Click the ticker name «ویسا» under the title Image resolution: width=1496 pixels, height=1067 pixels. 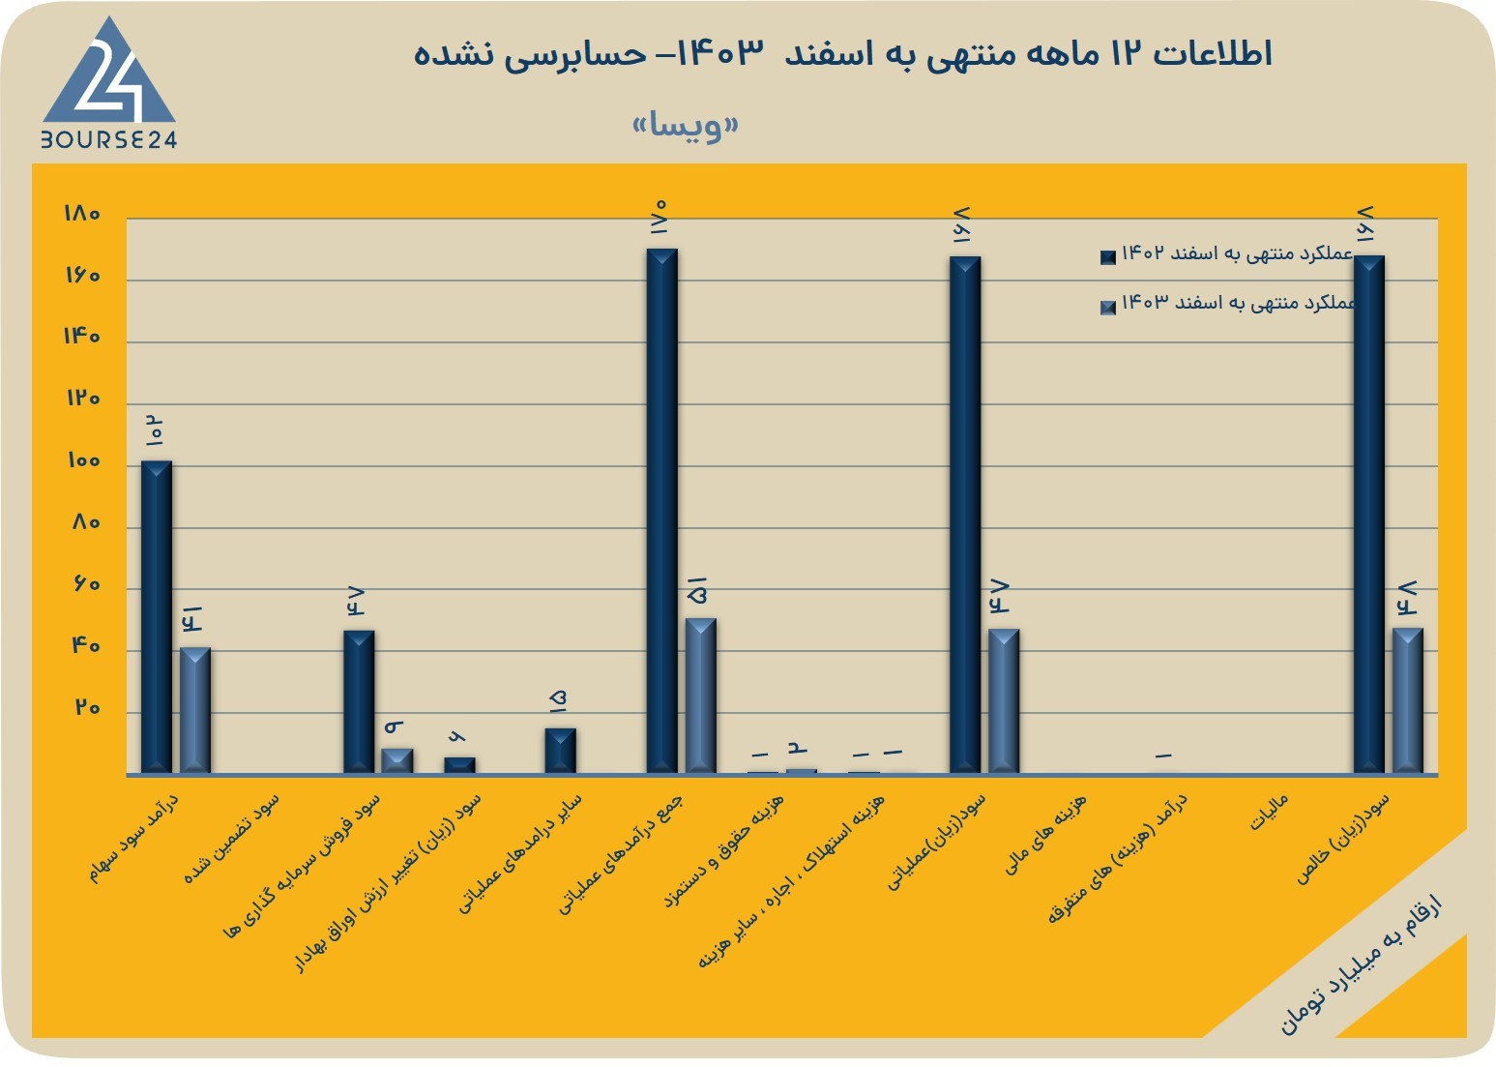[686, 125]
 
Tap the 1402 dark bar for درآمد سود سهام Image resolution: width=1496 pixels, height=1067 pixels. [157, 617]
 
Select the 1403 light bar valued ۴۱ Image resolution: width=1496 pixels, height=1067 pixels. [195, 711]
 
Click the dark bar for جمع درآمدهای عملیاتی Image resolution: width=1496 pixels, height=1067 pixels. [661, 511]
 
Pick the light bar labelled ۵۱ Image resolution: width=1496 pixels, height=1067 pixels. [700, 697]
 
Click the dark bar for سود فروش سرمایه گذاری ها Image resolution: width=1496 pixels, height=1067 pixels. [359, 702]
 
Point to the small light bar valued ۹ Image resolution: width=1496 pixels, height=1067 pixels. [397, 761]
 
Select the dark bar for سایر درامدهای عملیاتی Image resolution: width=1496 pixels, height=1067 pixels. [560, 751]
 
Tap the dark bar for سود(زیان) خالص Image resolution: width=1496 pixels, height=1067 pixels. [1369, 515]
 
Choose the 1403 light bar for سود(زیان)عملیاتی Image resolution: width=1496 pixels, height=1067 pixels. [1004, 701]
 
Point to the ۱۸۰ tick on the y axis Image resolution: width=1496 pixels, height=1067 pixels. [82, 213]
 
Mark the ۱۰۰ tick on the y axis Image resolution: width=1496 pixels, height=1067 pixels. [83, 461]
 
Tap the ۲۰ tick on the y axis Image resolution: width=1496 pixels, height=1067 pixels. [87, 707]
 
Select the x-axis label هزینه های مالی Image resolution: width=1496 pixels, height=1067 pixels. [1046, 835]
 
